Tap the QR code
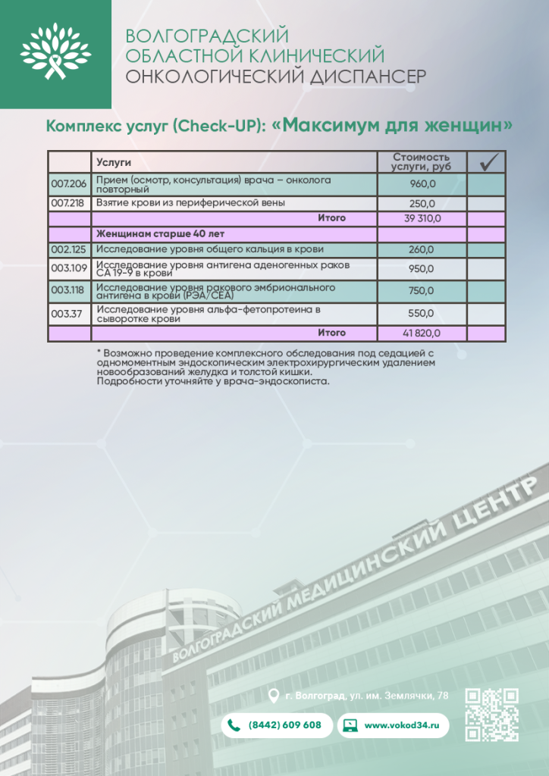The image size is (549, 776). (491, 715)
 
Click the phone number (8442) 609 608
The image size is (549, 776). (284, 725)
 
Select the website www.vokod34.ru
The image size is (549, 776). (402, 725)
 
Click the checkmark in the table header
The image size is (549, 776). (487, 161)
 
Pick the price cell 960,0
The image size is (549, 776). (422, 184)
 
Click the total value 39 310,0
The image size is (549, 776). (422, 218)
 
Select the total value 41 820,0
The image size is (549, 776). (422, 333)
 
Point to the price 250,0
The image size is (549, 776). (422, 204)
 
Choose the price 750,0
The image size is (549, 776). (422, 290)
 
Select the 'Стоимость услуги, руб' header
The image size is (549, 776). (422, 161)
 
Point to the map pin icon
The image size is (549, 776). (274, 695)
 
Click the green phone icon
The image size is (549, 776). (234, 725)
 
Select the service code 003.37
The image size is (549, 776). (67, 314)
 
